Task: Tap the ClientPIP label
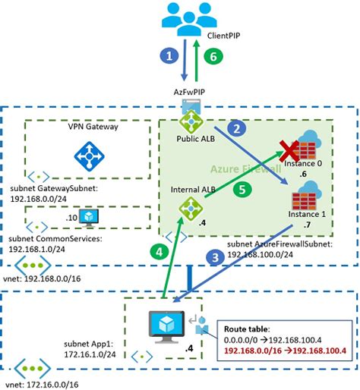tap(223, 35)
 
